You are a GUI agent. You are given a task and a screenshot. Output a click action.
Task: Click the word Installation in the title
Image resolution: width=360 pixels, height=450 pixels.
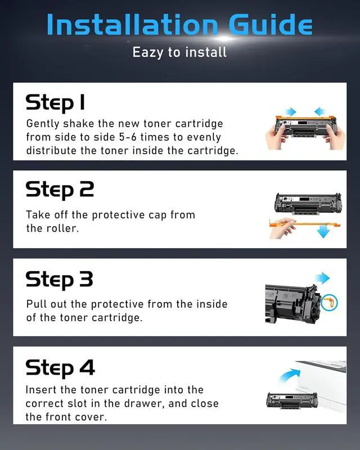[x=132, y=24]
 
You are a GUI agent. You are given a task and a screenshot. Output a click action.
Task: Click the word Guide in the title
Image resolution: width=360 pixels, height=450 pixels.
[x=271, y=24]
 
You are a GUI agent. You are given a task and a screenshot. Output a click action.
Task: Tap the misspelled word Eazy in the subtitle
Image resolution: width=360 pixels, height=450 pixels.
[x=148, y=53]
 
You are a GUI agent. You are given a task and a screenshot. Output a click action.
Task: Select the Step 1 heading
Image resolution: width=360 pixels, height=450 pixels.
[x=56, y=102]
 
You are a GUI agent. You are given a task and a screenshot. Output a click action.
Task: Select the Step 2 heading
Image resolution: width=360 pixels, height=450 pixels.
[x=60, y=190]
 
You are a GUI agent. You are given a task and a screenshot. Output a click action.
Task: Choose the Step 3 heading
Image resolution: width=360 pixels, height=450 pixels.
[x=60, y=280]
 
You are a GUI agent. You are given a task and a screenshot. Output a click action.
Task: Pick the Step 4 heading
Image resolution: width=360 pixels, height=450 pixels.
[x=60, y=368]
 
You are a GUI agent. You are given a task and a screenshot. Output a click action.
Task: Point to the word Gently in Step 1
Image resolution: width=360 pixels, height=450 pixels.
[x=43, y=124]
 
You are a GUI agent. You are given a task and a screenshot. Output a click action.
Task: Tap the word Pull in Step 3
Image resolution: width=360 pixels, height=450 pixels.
[x=37, y=304]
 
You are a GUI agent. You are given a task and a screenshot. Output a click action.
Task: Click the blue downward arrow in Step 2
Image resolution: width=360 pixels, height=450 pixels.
[x=323, y=231]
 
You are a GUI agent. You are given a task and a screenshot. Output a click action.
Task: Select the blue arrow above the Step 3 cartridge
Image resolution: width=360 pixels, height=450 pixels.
[x=322, y=278]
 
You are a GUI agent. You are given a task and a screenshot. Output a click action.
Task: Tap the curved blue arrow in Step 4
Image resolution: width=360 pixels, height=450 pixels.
[x=289, y=375]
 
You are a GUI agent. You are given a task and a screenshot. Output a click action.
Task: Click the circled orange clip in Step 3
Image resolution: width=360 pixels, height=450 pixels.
[x=329, y=303]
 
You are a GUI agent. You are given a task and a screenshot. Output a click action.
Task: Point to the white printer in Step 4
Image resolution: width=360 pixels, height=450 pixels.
[x=321, y=385]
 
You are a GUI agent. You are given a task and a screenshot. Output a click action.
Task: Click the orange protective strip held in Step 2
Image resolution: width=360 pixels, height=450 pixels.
[x=305, y=224]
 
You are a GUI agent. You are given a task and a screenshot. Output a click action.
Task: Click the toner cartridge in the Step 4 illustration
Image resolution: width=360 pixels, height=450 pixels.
[x=292, y=400]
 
